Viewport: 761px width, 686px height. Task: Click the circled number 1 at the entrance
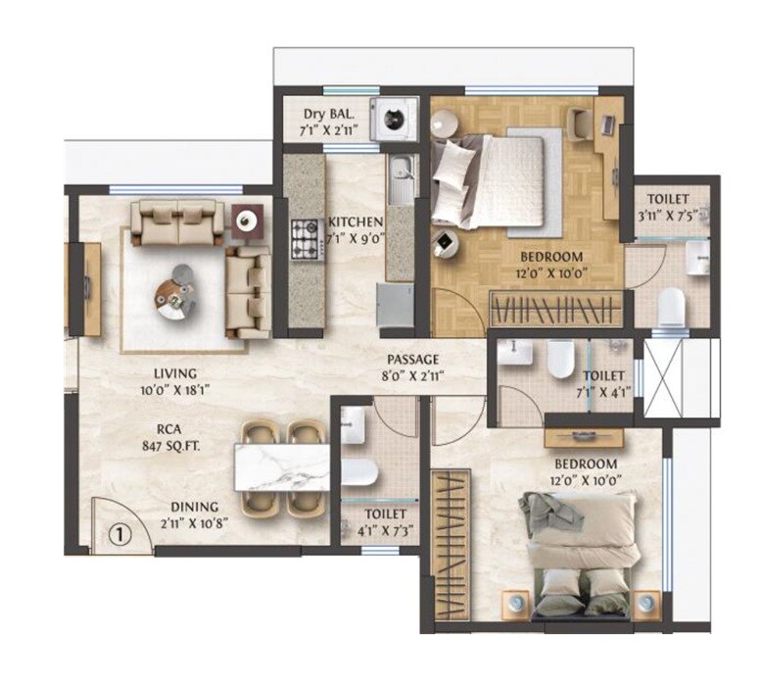click(118, 535)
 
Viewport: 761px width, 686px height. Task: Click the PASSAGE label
click(412, 359)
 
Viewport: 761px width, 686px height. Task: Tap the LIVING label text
click(176, 372)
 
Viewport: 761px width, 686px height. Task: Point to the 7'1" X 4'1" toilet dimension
click(604, 391)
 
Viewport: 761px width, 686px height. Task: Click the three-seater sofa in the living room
click(178, 223)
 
